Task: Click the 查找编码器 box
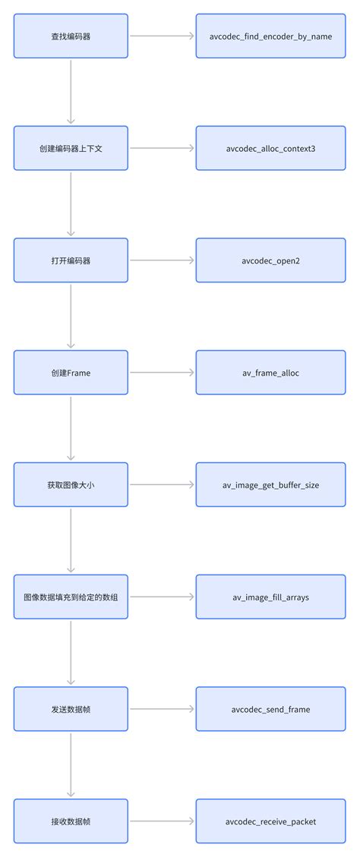pos(71,36)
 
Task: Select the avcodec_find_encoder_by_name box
pos(270,36)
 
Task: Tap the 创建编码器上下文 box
pos(71,148)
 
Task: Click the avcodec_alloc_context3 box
pos(270,148)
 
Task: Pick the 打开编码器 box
pos(71,260)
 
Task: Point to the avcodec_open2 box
pos(270,260)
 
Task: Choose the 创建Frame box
pos(71,373)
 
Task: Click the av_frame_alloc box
pos(270,373)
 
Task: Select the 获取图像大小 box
pos(71,484)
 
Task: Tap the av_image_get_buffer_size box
pos(270,484)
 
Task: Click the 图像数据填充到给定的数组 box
pos(71,597)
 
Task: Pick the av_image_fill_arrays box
pos(270,597)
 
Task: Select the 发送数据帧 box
pos(71,709)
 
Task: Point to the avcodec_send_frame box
pos(270,709)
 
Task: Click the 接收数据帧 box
pos(71,821)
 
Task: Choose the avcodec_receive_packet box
pos(270,821)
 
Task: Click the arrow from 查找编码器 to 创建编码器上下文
pos(71,92)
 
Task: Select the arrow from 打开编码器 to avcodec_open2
pos(162,260)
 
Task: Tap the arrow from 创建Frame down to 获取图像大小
pos(71,428)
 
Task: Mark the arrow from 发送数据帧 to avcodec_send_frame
pos(162,709)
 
